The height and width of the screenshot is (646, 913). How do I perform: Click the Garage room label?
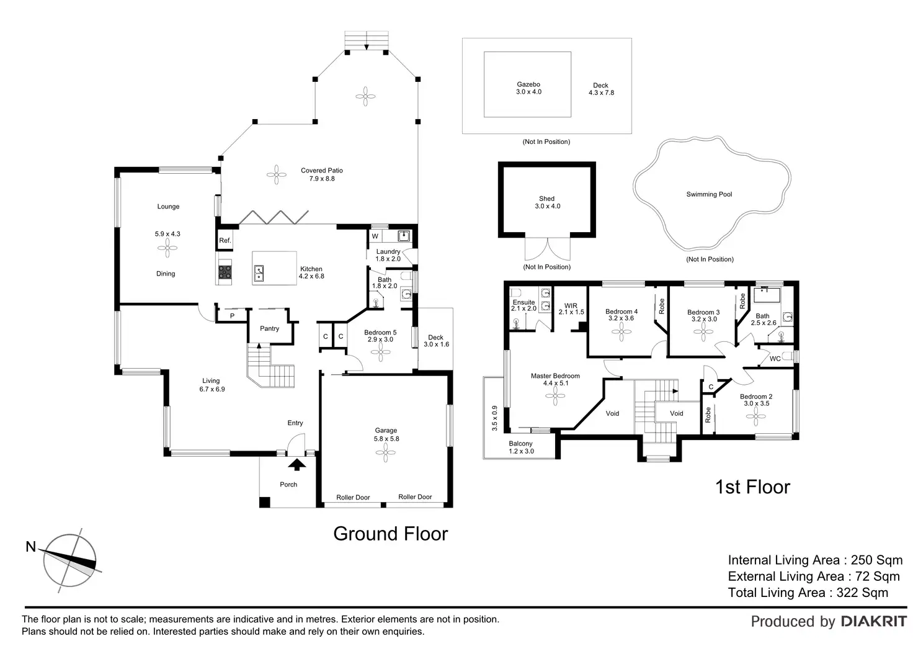tap(386, 431)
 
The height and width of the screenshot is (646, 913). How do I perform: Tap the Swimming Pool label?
tap(709, 194)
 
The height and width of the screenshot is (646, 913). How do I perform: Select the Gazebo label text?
tap(528, 84)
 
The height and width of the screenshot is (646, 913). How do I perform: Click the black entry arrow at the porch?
tap(297, 464)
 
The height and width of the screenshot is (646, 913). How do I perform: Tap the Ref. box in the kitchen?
tap(225, 240)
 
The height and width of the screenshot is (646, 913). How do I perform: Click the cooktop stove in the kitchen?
tap(225, 271)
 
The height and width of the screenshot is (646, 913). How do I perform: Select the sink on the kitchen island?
tap(259, 271)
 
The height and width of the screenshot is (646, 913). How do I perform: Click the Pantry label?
tap(269, 328)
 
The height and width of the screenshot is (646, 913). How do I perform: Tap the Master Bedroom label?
tap(555, 376)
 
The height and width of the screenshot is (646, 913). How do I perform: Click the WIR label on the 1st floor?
tap(571, 306)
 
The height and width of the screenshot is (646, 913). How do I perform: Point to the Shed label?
tap(546, 199)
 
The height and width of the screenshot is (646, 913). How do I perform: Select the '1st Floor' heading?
tap(752, 487)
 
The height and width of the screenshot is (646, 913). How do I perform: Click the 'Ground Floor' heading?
tap(390, 534)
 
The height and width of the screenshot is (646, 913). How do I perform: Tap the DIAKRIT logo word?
tap(873, 621)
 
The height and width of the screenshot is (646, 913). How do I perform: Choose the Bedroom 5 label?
tap(380, 333)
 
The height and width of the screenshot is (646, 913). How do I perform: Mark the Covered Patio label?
tap(321, 171)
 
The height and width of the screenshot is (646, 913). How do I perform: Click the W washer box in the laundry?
tap(375, 236)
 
